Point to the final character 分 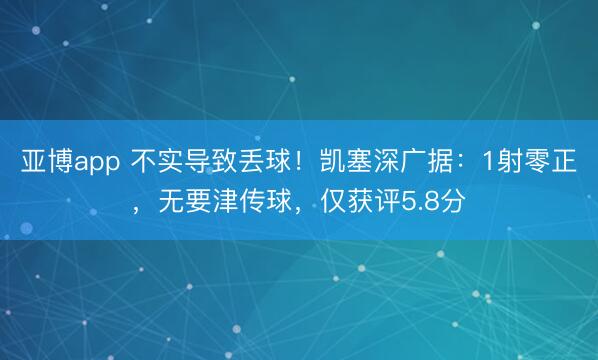tap(452, 207)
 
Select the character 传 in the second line tap(254, 207)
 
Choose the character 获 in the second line tap(358, 207)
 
